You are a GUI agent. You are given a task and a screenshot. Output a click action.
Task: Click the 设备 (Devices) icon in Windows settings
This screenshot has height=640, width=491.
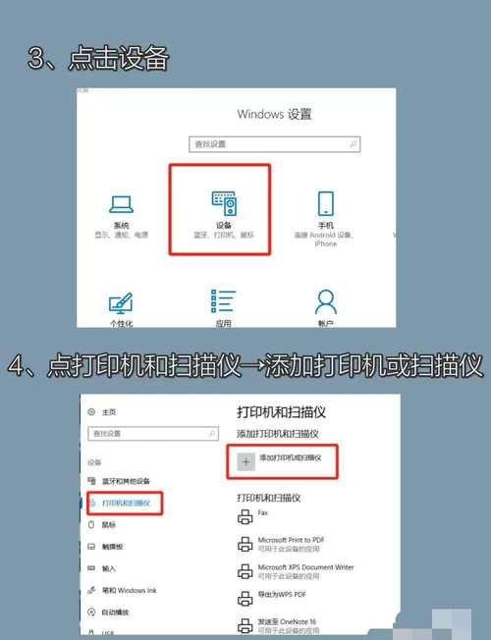224,202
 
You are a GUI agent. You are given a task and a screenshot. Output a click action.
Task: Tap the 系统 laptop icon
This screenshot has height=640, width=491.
121,204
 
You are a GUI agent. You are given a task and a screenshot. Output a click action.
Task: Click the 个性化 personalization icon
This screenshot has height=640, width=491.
121,301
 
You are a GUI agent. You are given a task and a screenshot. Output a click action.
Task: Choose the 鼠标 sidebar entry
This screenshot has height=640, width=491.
109,525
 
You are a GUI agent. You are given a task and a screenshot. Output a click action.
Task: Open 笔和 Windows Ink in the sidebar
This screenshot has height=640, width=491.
130,590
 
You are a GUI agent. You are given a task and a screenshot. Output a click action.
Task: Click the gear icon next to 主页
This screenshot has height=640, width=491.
91,412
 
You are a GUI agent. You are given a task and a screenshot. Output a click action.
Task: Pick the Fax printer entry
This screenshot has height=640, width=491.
262,512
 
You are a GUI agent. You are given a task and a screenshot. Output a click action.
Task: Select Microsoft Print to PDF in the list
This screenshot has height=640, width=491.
291,540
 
